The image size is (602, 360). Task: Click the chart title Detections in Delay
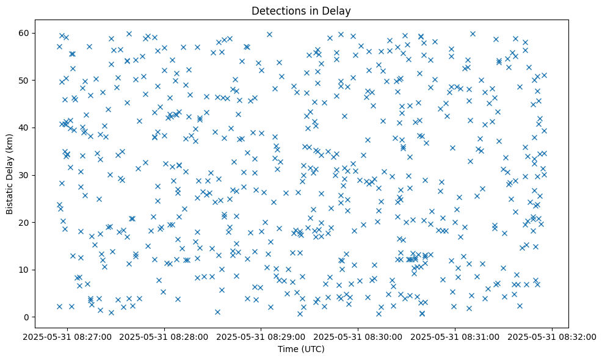click(301, 11)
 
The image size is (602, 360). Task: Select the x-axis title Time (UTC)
click(301, 349)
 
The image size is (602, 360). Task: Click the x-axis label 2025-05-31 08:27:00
click(68, 337)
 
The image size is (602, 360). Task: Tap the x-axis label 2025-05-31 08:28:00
click(165, 337)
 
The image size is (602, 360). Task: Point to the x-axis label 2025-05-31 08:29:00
click(262, 337)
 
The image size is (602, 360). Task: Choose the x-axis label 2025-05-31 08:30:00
click(359, 337)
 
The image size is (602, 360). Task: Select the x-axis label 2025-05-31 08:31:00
click(456, 337)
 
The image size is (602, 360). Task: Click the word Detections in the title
click(275, 11)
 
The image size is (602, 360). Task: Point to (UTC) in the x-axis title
click(313, 349)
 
